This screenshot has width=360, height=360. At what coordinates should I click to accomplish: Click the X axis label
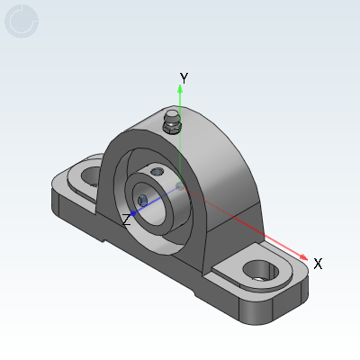pos(318,264)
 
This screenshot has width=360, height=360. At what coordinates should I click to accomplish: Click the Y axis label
pos(184,78)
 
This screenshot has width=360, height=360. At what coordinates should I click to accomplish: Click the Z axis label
pos(127,220)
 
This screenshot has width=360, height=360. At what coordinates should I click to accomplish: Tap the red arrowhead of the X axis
pos(303,257)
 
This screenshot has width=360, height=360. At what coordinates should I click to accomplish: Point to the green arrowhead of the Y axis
pos(180,89)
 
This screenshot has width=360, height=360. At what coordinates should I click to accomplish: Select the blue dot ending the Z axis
pos(133,213)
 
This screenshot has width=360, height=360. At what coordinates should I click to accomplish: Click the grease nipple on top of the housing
pos(171,121)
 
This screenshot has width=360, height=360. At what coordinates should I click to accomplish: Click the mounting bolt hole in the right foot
pos(260,270)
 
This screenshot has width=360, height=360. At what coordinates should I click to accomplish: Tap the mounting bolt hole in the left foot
pos(92,175)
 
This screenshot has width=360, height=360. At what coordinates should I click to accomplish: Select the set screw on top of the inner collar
pos(157,172)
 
